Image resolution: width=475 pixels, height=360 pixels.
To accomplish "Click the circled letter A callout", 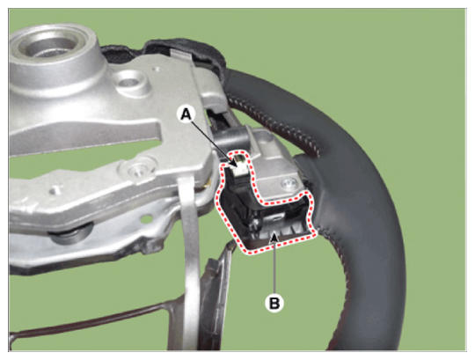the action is [x=186, y=114].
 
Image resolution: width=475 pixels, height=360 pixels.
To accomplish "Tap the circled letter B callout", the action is [x=274, y=303].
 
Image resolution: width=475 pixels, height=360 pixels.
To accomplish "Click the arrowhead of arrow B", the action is [x=274, y=234].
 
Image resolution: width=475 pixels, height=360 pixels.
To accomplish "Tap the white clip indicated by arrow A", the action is [x=239, y=166].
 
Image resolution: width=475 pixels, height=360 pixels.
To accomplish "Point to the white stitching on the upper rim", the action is [x=273, y=122].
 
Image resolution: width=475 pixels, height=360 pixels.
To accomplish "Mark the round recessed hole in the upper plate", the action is [x=130, y=81].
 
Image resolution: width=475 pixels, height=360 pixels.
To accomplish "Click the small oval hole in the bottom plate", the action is [x=147, y=217].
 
